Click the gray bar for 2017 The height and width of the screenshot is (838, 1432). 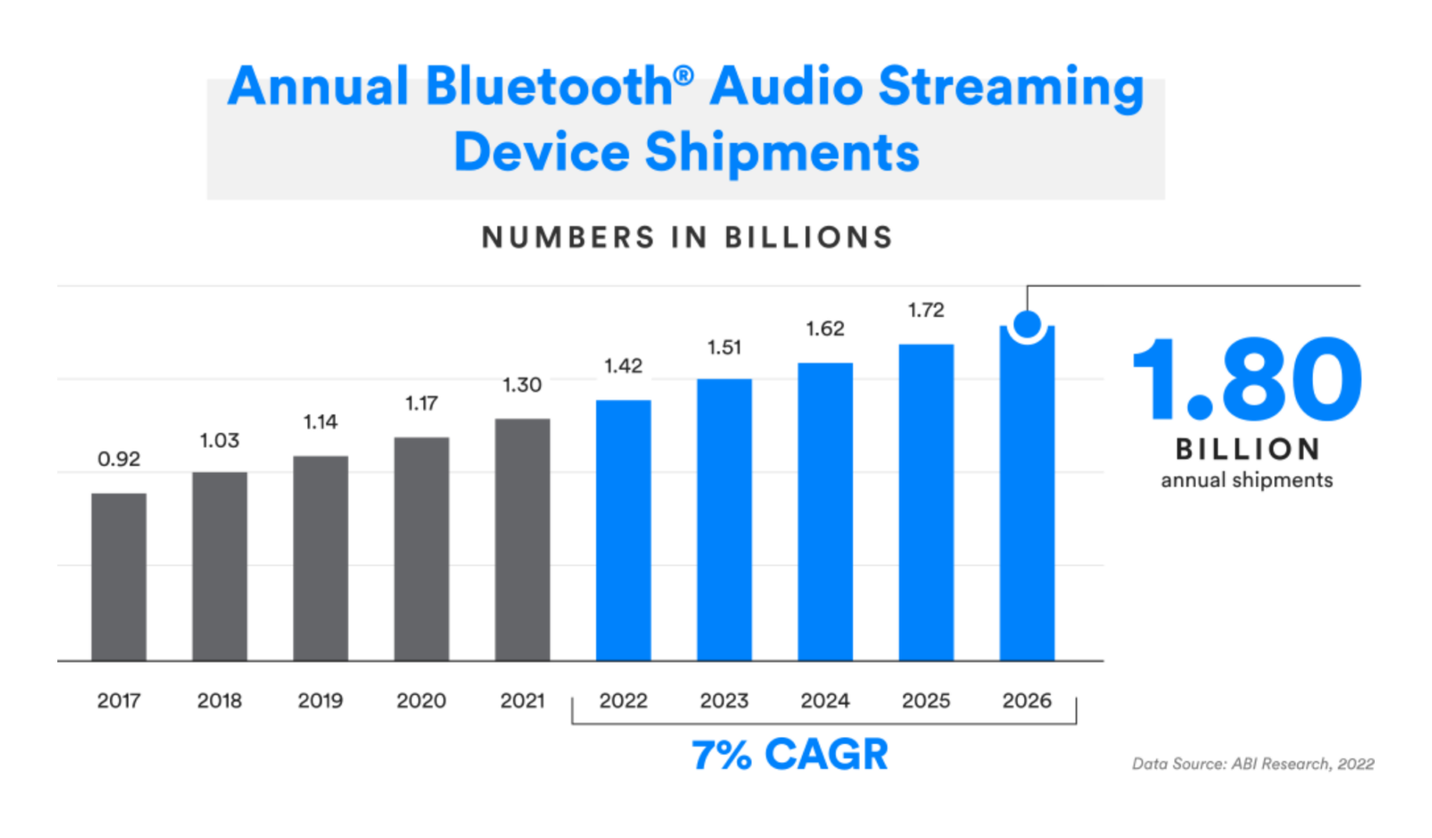click(x=118, y=577)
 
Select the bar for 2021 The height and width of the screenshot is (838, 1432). click(x=522, y=539)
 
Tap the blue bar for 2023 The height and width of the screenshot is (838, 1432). click(x=724, y=519)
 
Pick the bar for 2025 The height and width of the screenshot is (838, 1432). click(x=925, y=502)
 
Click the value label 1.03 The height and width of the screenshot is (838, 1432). click(x=219, y=440)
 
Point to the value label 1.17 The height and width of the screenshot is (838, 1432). click(x=422, y=403)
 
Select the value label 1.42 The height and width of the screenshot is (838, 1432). click(x=623, y=365)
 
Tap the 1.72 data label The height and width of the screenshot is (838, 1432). click(x=925, y=310)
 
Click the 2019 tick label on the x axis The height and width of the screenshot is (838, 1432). click(x=320, y=700)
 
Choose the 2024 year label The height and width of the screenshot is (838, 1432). click(x=824, y=700)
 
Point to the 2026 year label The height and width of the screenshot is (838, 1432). click(x=1027, y=700)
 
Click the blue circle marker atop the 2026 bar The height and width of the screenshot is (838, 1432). click(x=1027, y=324)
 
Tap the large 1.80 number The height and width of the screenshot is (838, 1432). click(x=1247, y=380)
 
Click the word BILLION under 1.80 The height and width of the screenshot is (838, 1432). click(x=1247, y=449)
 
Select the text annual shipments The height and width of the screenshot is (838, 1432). click(x=1247, y=480)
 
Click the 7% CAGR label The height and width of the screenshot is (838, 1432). click(x=789, y=754)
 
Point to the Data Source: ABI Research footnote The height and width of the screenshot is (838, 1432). click(x=1252, y=764)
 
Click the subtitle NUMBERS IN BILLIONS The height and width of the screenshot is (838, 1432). click(x=686, y=237)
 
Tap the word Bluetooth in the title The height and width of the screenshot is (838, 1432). click(x=549, y=87)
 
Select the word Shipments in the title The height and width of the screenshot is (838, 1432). click(x=781, y=152)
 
